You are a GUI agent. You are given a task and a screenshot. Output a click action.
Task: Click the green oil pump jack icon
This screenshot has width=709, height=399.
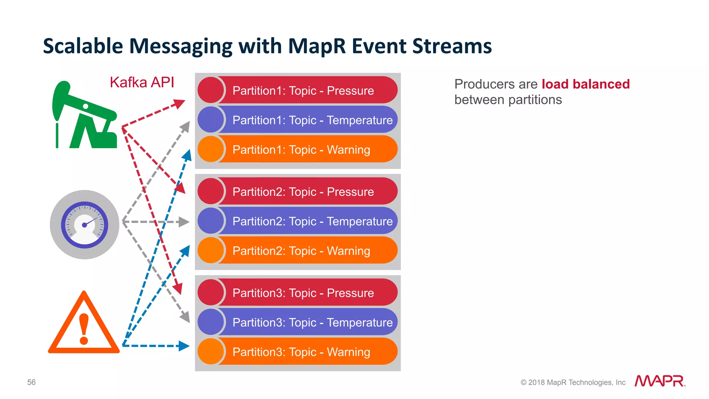click(x=85, y=116)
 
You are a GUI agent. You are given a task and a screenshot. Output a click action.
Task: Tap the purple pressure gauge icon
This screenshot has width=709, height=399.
click(x=84, y=225)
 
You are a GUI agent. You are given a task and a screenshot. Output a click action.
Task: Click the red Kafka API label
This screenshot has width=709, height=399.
click(x=142, y=83)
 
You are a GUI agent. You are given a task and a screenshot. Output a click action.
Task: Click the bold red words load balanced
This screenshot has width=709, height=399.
click(x=585, y=84)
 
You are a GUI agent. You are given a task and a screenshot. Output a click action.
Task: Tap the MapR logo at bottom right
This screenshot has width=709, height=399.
click(x=659, y=381)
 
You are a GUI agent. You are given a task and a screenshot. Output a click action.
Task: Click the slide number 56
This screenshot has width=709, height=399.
click(x=32, y=382)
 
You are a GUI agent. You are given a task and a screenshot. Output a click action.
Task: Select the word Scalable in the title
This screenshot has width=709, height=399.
click(x=83, y=46)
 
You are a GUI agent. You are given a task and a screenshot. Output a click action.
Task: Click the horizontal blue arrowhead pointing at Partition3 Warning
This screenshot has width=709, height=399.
click(x=184, y=346)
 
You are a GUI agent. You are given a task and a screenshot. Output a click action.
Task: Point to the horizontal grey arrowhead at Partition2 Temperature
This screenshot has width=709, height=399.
click(x=184, y=222)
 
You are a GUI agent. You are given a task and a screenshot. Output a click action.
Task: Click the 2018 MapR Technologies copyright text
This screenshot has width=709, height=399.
click(x=573, y=382)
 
